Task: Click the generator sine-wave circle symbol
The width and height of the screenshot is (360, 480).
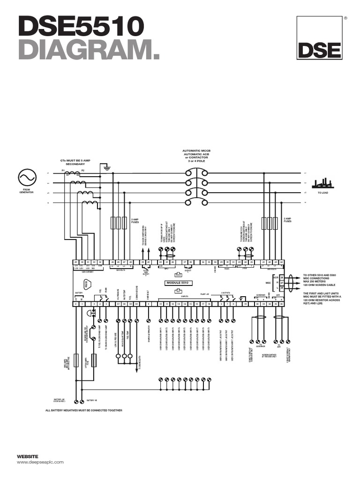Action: tap(27, 178)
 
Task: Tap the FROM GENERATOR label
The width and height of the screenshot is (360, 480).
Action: tap(27, 191)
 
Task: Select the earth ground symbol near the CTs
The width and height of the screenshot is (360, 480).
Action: tap(107, 167)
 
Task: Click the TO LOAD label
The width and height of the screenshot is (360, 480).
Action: tap(323, 193)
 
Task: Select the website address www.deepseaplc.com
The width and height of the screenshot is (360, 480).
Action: tap(40, 462)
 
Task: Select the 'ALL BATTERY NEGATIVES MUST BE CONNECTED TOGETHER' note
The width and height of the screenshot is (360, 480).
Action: tap(83, 410)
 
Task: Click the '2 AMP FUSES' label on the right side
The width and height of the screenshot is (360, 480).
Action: tap(287, 219)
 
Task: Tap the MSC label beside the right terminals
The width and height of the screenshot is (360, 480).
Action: tap(268, 283)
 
